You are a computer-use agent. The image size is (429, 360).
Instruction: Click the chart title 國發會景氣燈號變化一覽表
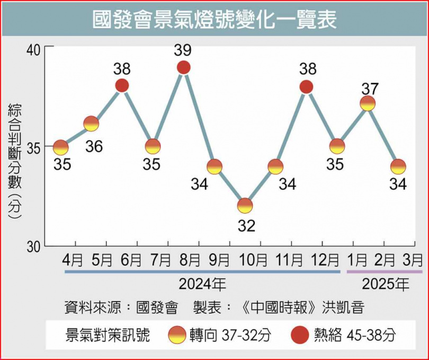[214, 21]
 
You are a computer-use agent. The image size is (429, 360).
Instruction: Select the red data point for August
[184, 67]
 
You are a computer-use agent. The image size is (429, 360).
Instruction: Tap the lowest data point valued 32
[245, 205]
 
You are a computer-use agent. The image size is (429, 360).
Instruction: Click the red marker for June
[122, 85]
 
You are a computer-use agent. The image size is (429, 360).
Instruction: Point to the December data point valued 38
[306, 86]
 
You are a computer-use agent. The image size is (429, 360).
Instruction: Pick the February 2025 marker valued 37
[368, 103]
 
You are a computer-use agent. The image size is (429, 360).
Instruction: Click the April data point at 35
[61, 147]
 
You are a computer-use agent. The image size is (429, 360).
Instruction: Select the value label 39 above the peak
[184, 50]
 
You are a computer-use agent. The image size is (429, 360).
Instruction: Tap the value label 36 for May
[94, 146]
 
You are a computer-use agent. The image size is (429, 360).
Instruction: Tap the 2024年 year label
[202, 285]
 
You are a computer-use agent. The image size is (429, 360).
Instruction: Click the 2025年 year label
[386, 285]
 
